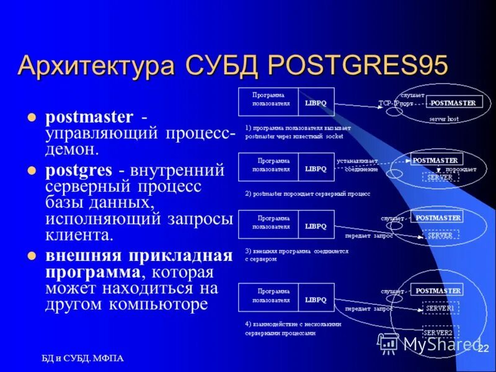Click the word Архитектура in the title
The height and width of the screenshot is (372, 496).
point(96,65)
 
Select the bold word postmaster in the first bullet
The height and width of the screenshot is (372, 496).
point(89,117)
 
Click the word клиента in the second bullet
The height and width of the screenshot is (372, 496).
point(79,234)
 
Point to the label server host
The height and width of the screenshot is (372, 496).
point(444,118)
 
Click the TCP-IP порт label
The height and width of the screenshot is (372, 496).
point(396,104)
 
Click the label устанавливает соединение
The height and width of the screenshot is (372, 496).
point(358,165)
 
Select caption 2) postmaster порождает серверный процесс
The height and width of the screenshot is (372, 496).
point(308,193)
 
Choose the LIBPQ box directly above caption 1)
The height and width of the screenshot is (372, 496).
point(316,102)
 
